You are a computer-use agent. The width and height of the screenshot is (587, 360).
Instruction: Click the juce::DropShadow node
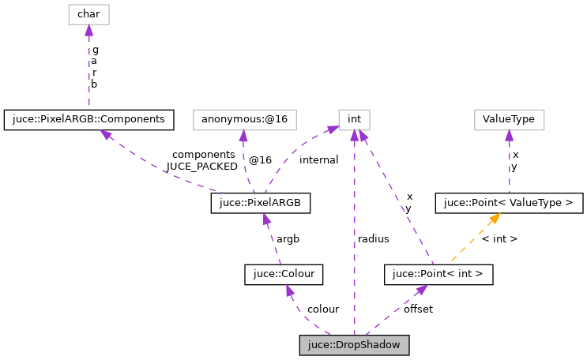pyautogui.click(x=355, y=346)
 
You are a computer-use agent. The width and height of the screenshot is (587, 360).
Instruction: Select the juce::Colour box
pyautogui.click(x=284, y=275)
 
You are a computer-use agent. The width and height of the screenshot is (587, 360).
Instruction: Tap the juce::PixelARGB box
pyautogui.click(x=260, y=204)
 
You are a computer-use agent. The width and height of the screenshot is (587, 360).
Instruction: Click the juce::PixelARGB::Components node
pyautogui.click(x=88, y=120)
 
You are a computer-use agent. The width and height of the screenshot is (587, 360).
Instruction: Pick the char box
pyautogui.click(x=88, y=13)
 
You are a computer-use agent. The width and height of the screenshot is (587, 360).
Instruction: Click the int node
pyautogui.click(x=355, y=120)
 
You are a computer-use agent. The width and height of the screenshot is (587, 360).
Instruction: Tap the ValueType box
pyautogui.click(x=509, y=120)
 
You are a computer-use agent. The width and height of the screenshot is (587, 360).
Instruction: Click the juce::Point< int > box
pyautogui.click(x=438, y=275)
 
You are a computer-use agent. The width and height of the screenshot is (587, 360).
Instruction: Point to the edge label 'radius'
pyautogui.click(x=373, y=238)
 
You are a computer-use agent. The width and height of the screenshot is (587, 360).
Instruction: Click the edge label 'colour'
pyautogui.click(x=323, y=309)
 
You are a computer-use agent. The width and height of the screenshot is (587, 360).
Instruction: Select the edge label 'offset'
pyautogui.click(x=418, y=309)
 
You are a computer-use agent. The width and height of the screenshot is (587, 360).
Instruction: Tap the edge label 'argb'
pyautogui.click(x=287, y=238)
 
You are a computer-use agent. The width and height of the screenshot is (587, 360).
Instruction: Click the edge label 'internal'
pyautogui.click(x=318, y=160)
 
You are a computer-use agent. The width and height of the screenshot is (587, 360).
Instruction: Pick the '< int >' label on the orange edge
pyautogui.click(x=499, y=238)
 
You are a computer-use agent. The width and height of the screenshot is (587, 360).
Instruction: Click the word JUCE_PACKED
pyautogui.click(x=201, y=167)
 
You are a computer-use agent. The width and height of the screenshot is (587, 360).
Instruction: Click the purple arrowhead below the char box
pyautogui.click(x=88, y=30)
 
